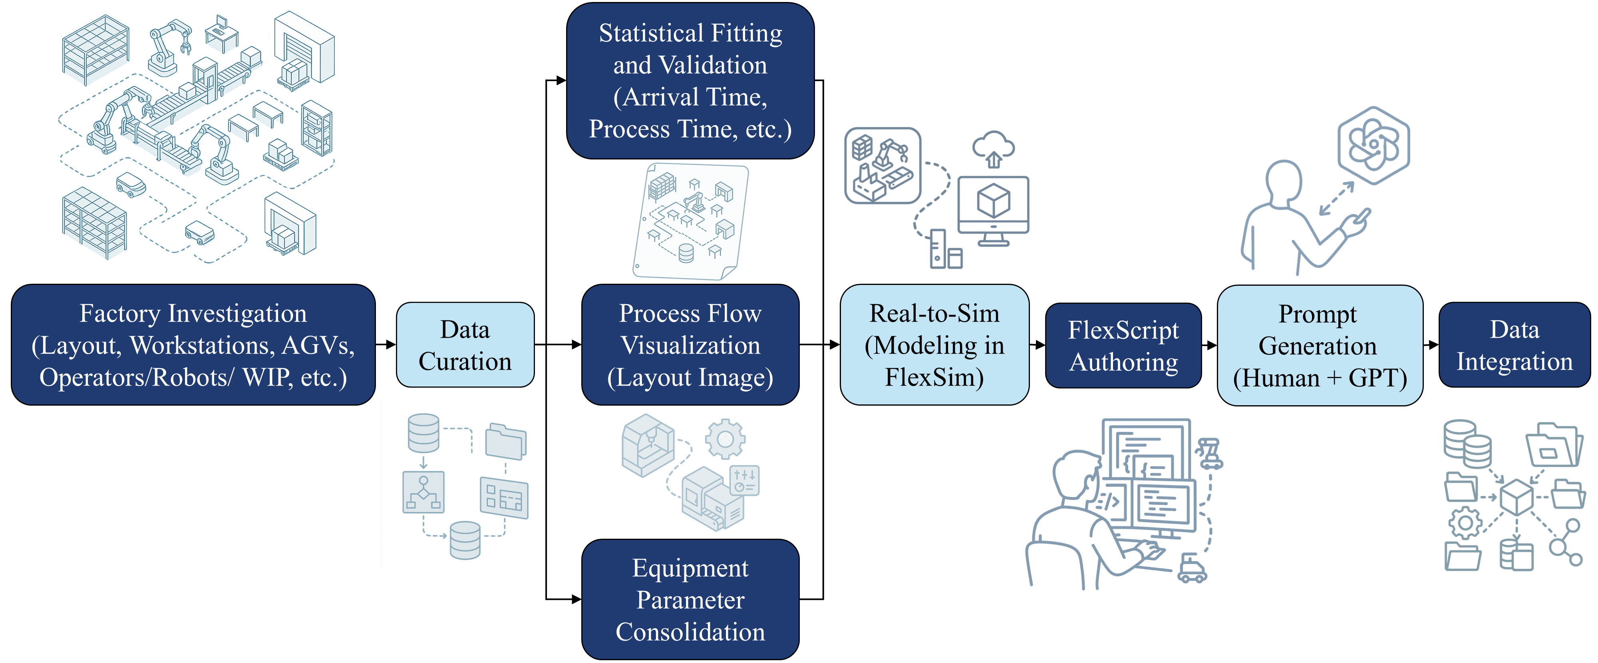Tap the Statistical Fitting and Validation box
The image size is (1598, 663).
690,81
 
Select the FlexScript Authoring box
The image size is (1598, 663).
1123,346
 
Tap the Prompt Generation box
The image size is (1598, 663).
1320,346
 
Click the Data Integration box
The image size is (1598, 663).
1514,345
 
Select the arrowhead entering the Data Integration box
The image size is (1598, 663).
1434,344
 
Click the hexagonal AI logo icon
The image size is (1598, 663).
1373,145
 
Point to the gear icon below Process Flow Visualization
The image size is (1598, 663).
725,439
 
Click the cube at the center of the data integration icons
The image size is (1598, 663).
1516,497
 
